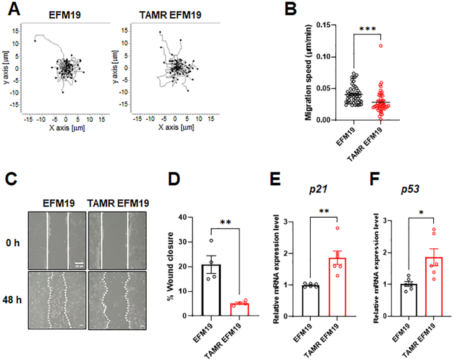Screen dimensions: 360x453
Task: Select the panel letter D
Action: pos(173,179)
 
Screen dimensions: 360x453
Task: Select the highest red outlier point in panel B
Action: pos(380,46)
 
